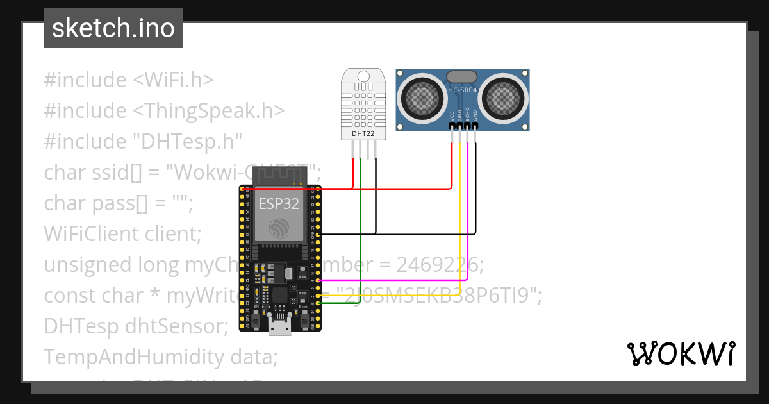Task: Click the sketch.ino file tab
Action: pyautogui.click(x=113, y=28)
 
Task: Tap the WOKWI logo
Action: pyautogui.click(x=680, y=353)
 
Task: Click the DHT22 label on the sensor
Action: pyautogui.click(x=363, y=134)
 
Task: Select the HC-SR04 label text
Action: pyautogui.click(x=463, y=90)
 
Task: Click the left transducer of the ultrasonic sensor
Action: pyautogui.click(x=422, y=97)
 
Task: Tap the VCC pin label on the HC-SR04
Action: pyautogui.click(x=452, y=116)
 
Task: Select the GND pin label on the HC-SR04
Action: pyautogui.click(x=475, y=116)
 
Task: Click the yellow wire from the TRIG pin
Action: pyautogui.click(x=460, y=212)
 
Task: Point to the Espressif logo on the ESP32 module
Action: pyautogui.click(x=281, y=228)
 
